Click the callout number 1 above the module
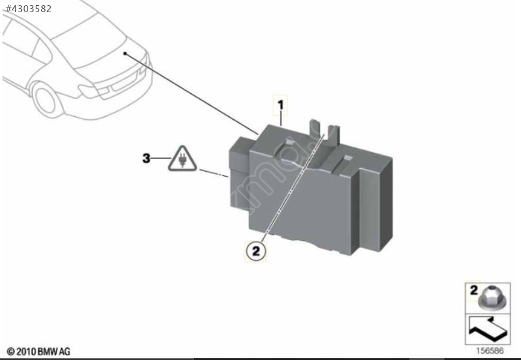pyautogui.click(x=281, y=105)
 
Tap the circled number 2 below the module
pyautogui.click(x=256, y=251)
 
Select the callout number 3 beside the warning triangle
pyautogui.click(x=146, y=158)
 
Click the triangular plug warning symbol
pyautogui.click(x=182, y=159)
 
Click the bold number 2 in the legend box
pyautogui.click(x=473, y=290)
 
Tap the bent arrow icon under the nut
pyautogui.click(x=488, y=329)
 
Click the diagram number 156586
pyautogui.click(x=490, y=351)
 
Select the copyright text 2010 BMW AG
pyautogui.click(x=39, y=351)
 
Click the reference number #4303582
pyautogui.click(x=28, y=9)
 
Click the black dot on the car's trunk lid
pyautogui.click(x=125, y=53)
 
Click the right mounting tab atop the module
pyautogui.click(x=333, y=135)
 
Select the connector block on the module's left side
pyautogui.click(x=240, y=173)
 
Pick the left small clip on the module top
pyautogui.click(x=289, y=143)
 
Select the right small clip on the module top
pyautogui.click(x=347, y=158)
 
